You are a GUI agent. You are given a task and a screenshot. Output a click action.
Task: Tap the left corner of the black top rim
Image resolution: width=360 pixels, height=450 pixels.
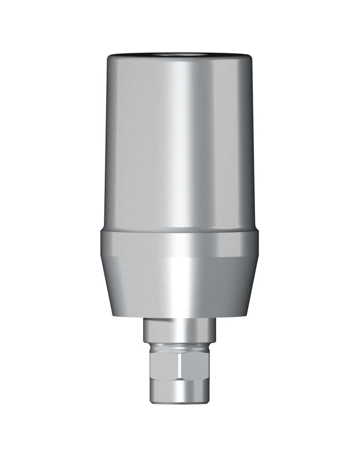(109, 58)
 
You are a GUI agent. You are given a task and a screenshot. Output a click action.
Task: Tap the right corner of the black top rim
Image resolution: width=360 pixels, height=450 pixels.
(251, 58)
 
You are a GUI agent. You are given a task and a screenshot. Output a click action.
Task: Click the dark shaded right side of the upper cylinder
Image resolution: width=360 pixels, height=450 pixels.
(240, 141)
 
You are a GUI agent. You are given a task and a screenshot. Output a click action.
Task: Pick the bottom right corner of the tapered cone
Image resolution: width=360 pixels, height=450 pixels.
(247, 316)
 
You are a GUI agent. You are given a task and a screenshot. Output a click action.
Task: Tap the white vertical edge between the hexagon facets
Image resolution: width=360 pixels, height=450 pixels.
(181, 365)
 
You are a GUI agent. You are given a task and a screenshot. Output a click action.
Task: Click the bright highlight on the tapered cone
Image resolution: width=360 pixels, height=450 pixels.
(176, 286)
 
